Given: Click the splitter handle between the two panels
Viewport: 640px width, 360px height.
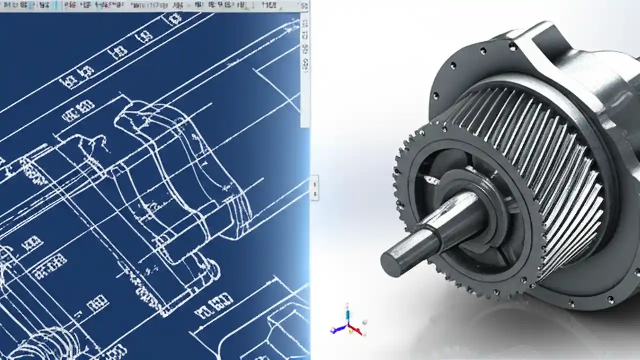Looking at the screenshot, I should pos(314,188).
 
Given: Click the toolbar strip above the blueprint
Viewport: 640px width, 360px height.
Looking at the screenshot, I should pos(150,6).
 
